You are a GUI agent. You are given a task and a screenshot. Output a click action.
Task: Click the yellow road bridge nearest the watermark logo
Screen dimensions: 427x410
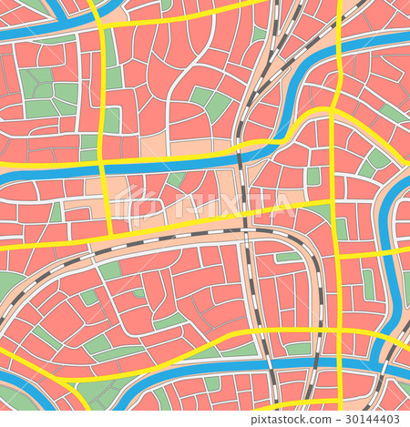(103, 169)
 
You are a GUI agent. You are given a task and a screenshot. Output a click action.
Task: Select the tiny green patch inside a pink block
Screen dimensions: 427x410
(138, 293)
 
